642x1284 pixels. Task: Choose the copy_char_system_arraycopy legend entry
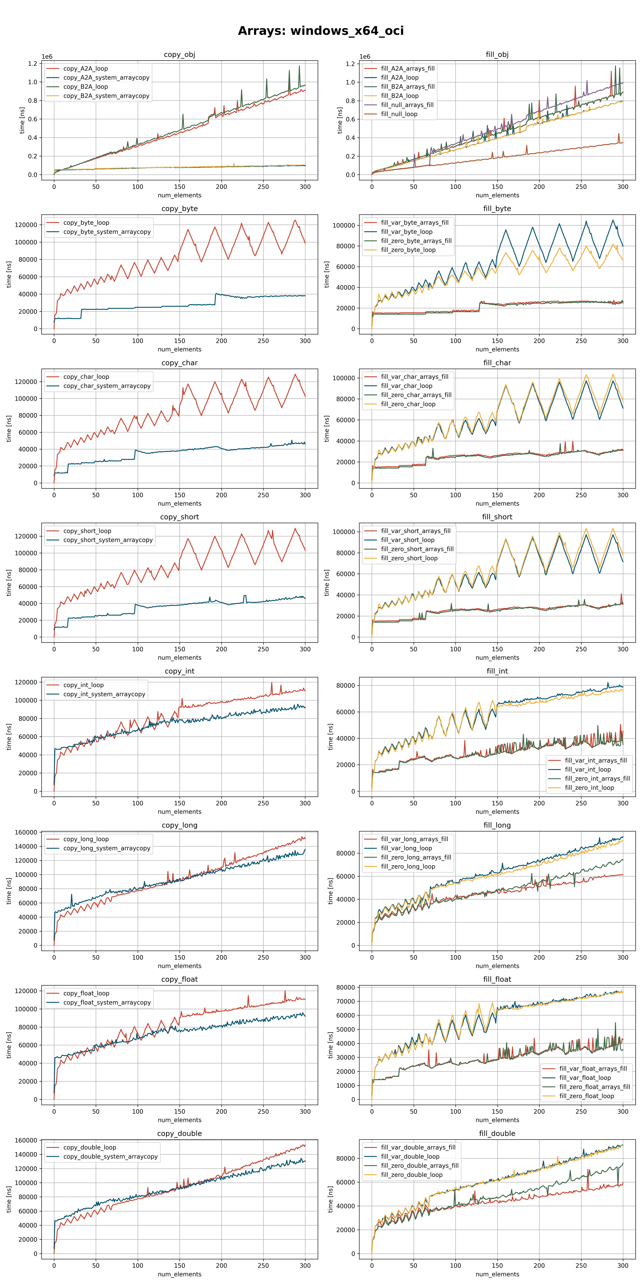point(107,386)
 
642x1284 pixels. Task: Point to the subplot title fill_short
point(497,517)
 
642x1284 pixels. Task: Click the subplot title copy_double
point(179,1133)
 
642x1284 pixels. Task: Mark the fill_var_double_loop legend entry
point(410,1156)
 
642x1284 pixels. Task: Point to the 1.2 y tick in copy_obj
point(32,64)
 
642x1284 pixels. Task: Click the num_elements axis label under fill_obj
point(497,195)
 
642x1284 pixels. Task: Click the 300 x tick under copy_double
point(305,1265)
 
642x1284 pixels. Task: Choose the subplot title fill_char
point(497,363)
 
